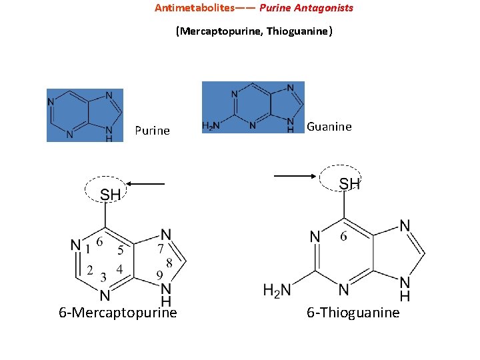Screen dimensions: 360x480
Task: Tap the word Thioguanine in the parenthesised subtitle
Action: click(x=297, y=31)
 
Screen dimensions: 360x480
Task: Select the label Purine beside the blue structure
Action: click(x=152, y=131)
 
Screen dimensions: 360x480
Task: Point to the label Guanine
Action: click(x=329, y=127)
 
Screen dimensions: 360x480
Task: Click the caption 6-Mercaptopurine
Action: click(x=118, y=313)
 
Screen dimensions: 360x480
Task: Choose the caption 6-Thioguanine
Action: click(x=353, y=313)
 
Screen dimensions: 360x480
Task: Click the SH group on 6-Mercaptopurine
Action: click(x=110, y=195)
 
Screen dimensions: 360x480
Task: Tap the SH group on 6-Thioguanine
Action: click(x=350, y=183)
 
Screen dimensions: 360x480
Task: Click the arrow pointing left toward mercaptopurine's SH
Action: click(x=146, y=182)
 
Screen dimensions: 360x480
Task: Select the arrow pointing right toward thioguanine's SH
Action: click(x=295, y=176)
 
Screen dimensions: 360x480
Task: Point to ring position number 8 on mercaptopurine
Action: click(x=169, y=263)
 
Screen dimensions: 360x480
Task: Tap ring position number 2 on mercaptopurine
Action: click(x=90, y=271)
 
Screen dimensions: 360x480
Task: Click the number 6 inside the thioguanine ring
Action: click(x=343, y=237)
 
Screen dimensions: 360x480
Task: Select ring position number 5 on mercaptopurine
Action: click(x=120, y=251)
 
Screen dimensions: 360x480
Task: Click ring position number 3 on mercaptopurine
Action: click(x=103, y=276)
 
